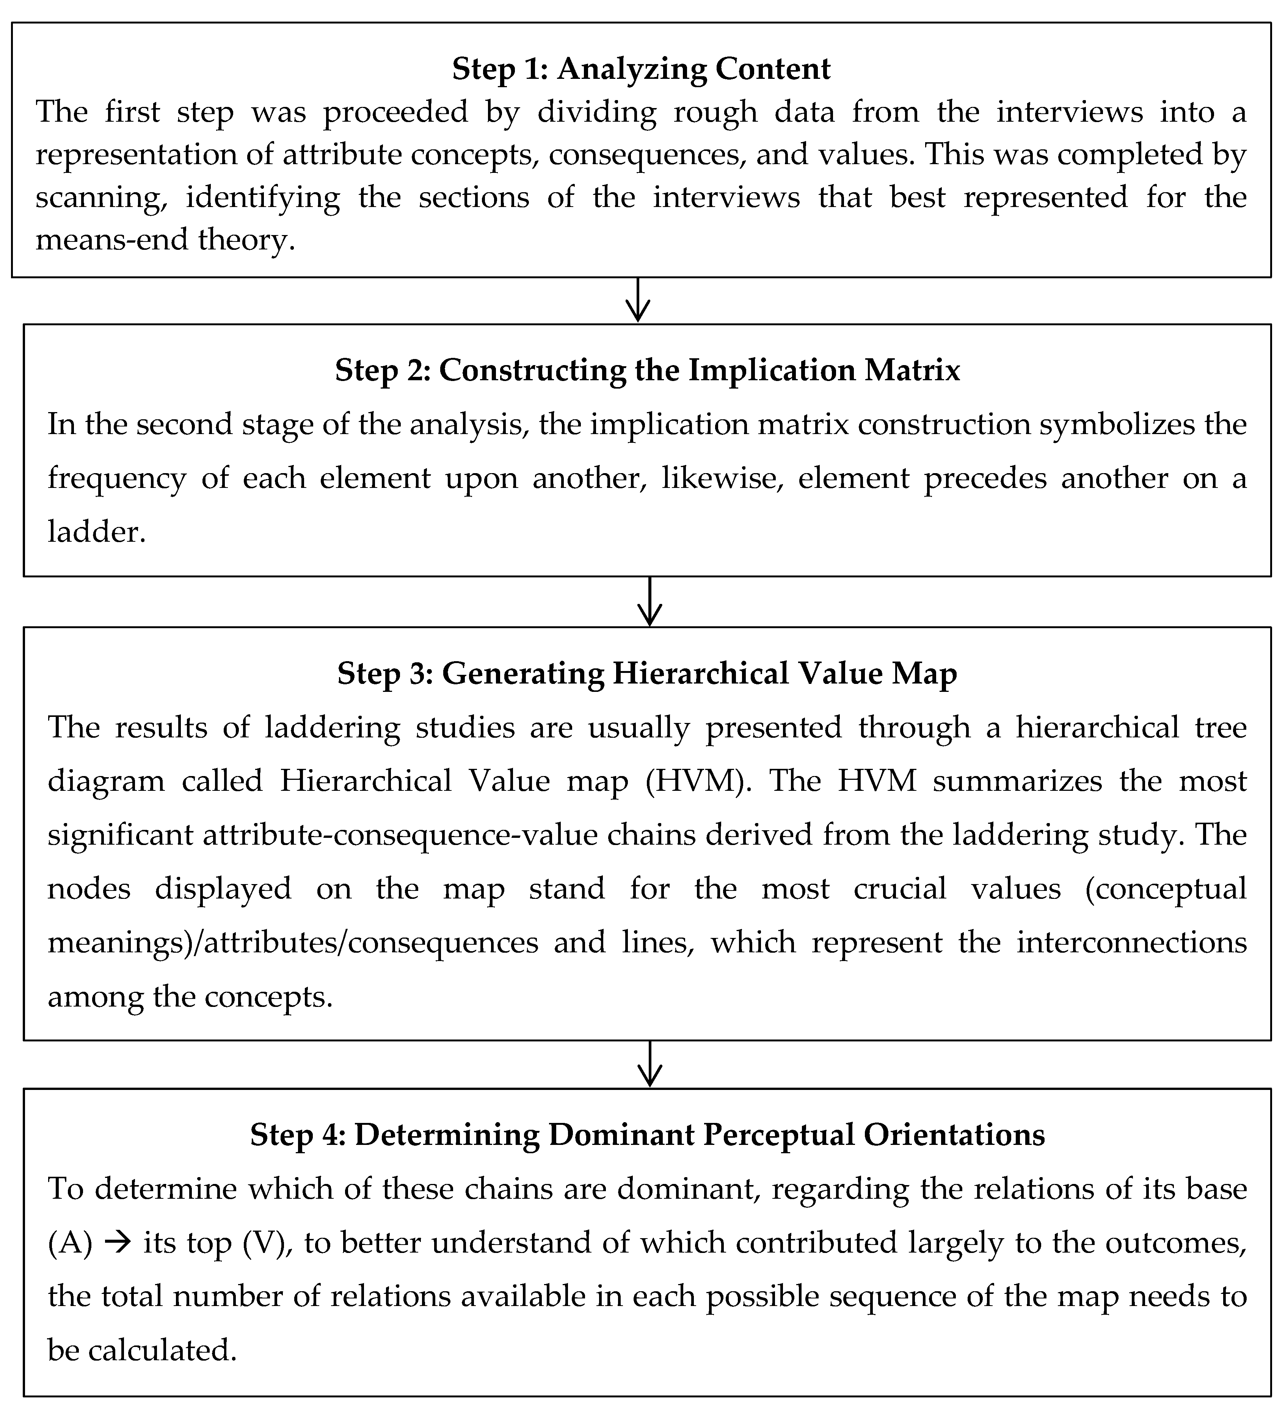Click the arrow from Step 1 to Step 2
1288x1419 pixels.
[x=637, y=301]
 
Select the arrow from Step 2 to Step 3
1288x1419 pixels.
[x=649, y=602]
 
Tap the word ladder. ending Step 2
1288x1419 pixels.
[x=96, y=532]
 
